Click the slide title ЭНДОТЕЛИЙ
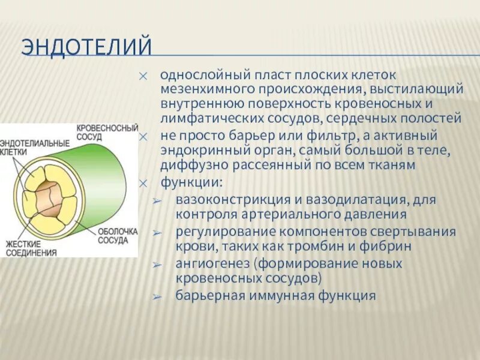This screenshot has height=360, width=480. coord(85,46)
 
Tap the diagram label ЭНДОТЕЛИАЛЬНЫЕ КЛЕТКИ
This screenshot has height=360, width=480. coord(35,148)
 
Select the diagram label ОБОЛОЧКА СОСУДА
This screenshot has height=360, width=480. coord(118,236)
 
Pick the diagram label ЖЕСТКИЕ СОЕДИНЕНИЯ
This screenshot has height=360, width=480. coord(31,248)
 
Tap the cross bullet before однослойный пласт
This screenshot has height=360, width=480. coord(143,76)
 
